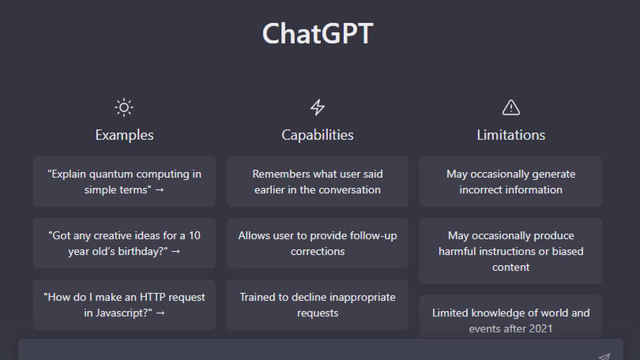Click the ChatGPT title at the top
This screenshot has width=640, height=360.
coord(317,34)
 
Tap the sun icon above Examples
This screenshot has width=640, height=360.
coord(124,107)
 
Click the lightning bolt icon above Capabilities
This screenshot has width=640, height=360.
coord(317,107)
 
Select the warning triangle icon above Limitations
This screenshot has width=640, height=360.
coord(510,107)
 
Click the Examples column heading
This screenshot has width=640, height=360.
coord(124,135)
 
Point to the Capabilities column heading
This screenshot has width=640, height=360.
coord(317,135)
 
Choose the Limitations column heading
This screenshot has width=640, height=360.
coord(510,135)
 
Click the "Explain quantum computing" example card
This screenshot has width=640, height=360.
coord(124,181)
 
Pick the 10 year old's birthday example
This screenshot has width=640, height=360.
coord(124,243)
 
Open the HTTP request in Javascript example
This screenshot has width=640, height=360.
coord(124,304)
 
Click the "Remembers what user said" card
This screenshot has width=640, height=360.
coord(317,181)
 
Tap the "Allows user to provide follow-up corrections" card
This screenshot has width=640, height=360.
coord(317,243)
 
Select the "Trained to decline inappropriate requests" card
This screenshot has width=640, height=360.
coord(317,304)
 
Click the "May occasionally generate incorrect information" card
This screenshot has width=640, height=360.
coord(510,181)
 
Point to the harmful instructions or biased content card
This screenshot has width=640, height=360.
coord(510,251)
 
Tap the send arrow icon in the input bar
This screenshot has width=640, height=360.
coord(604,356)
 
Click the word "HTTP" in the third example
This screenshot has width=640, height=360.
coord(152,297)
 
